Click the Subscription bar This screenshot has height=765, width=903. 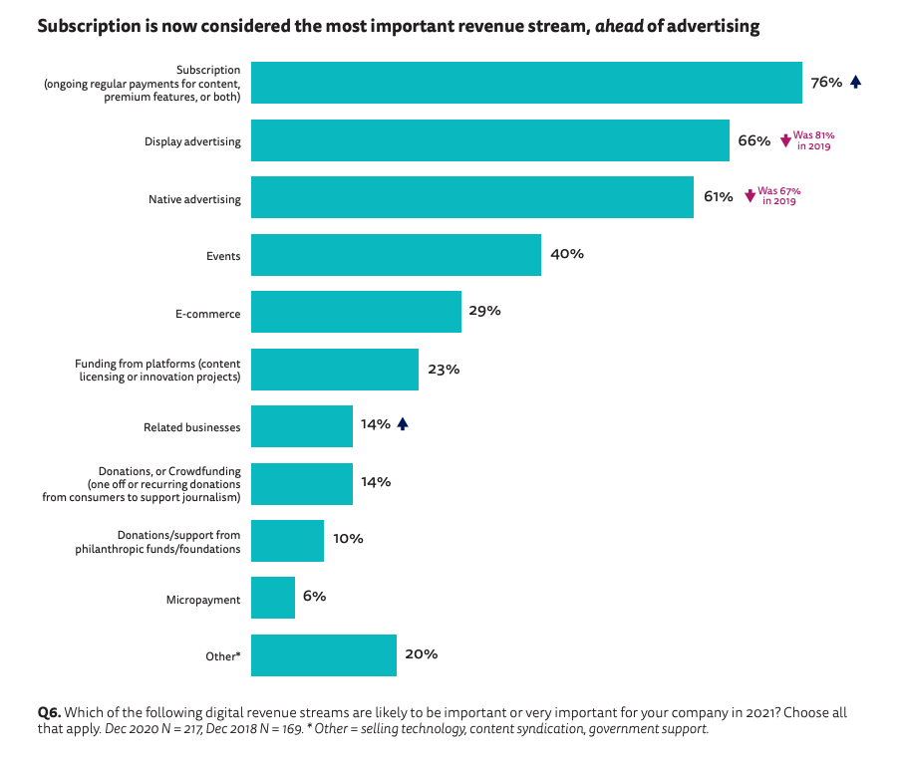pyautogui.click(x=526, y=83)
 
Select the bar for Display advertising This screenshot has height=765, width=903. pyautogui.click(x=490, y=140)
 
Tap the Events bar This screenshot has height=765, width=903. pyautogui.click(x=396, y=255)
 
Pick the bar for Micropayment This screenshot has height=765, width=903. pyautogui.click(x=273, y=598)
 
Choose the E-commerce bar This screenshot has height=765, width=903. pyautogui.click(x=356, y=312)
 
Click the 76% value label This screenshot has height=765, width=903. pyautogui.click(x=826, y=83)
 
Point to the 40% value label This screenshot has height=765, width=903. pyautogui.click(x=566, y=254)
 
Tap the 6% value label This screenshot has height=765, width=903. pyautogui.click(x=314, y=597)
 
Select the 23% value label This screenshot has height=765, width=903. pyautogui.click(x=444, y=370)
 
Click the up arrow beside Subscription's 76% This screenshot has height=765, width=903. pyautogui.click(x=855, y=83)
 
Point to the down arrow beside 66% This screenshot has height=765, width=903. pyautogui.click(x=785, y=141)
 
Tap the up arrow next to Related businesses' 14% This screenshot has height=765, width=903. pyautogui.click(x=403, y=424)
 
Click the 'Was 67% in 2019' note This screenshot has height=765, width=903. pyautogui.click(x=778, y=195)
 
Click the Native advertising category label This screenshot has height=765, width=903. pyautogui.click(x=194, y=199)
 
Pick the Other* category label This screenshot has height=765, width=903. pyautogui.click(x=222, y=656)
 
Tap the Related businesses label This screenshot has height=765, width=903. pyautogui.click(x=192, y=427)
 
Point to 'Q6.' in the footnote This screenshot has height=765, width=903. pyautogui.click(x=49, y=713)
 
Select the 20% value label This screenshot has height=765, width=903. pyautogui.click(x=421, y=654)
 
